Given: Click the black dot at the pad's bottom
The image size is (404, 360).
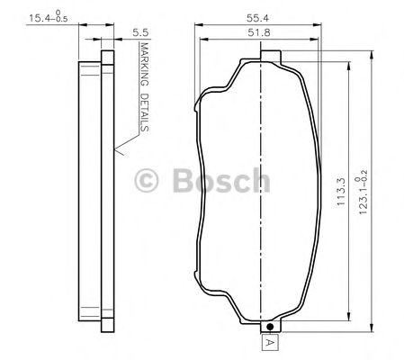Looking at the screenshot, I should click(269, 326).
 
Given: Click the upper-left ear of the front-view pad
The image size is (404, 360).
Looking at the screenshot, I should click(200, 106).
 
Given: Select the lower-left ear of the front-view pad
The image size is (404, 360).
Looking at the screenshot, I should click(200, 263).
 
